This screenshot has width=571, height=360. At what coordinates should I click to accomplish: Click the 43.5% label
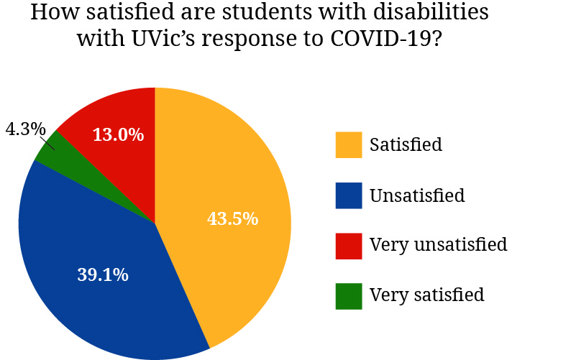coord(232,219)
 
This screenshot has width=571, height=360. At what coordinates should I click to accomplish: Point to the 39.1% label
coord(102,274)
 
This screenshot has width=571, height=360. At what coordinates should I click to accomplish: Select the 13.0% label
coord(118,134)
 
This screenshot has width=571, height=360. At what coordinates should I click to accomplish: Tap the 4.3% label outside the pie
coord(25,129)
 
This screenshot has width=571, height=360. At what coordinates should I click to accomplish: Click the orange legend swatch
coord(349,144)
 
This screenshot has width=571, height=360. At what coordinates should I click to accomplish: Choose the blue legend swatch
coord(349,195)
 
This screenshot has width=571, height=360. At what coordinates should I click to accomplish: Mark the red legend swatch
coord(349,245)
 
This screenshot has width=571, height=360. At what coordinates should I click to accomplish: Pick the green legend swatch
coord(349,295)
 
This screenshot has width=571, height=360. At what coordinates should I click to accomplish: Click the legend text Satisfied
coord(406,144)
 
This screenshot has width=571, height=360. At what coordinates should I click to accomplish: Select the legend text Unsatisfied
coord(417,195)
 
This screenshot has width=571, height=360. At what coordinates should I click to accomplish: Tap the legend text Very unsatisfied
coord(438,245)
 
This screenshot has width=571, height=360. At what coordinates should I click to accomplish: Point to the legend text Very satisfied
coord(426,295)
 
